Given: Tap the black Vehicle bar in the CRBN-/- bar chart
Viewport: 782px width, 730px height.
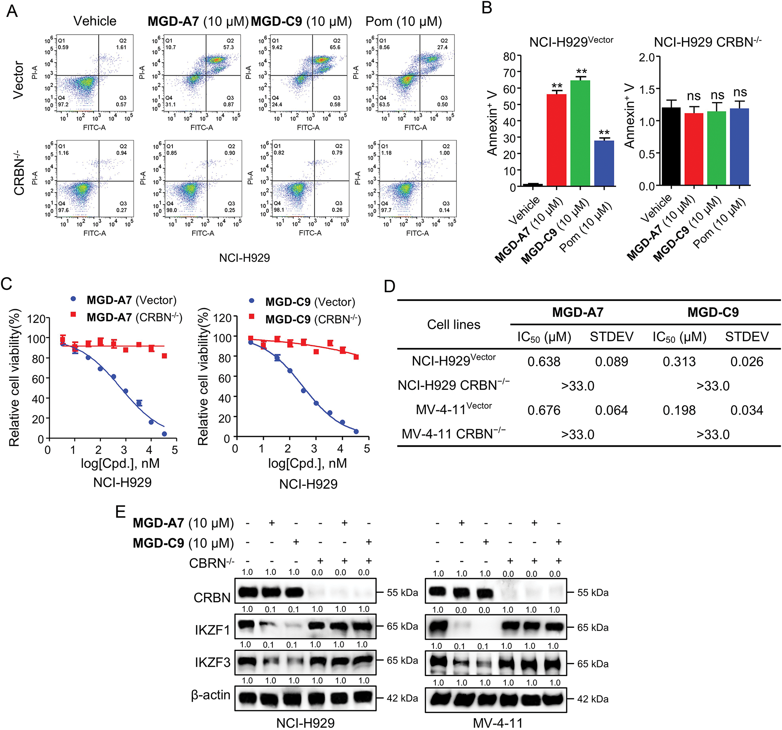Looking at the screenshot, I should click(x=671, y=147).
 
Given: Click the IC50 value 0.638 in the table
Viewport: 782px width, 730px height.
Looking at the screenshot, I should click(x=544, y=362).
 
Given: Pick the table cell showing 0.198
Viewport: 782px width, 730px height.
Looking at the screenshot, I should click(x=679, y=410).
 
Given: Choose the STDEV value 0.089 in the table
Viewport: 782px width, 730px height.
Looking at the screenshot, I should click(x=611, y=362).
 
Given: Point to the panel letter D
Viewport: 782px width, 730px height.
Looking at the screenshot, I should click(x=389, y=286).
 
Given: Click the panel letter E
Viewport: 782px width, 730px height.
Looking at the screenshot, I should click(x=120, y=512).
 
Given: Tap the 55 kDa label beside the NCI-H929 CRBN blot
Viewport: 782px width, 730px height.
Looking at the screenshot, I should click(x=402, y=593).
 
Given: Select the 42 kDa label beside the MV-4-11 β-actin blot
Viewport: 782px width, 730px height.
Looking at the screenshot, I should click(x=593, y=699).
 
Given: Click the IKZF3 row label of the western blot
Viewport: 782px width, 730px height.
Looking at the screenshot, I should click(x=212, y=662).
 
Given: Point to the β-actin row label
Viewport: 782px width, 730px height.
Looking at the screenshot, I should click(x=211, y=695).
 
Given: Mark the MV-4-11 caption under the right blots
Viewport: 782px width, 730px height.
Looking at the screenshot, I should click(x=497, y=723).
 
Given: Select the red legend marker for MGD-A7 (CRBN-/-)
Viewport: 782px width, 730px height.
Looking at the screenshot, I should click(x=73, y=315).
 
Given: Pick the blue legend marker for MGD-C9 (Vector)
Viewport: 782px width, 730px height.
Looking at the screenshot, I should click(x=251, y=301).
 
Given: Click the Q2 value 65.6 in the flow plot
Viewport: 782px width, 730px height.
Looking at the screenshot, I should click(x=335, y=47).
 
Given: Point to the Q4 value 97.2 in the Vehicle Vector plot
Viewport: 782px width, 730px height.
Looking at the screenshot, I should click(x=63, y=105).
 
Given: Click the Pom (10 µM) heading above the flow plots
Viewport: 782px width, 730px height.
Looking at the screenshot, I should click(x=403, y=21).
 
